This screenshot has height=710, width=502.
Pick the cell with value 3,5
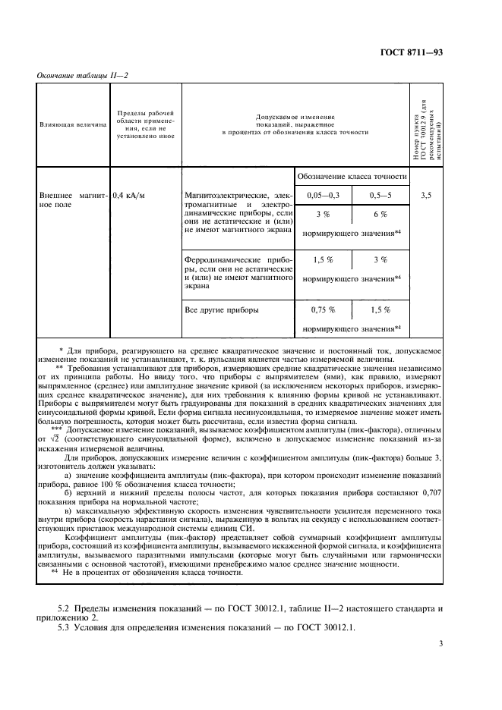(x=426, y=196)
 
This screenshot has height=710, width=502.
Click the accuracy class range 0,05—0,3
(x=324, y=196)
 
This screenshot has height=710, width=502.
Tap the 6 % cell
(x=380, y=215)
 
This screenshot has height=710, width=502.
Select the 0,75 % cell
(x=324, y=310)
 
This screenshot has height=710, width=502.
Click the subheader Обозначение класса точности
(x=351, y=176)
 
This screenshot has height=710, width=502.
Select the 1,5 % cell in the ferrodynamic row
(x=324, y=259)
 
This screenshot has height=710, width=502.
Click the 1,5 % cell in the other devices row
(x=380, y=310)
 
